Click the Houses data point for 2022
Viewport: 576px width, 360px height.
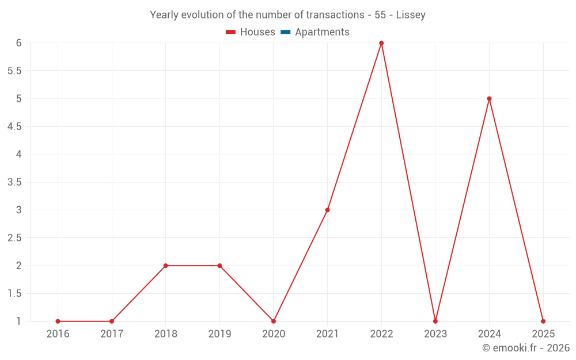coord(381,43)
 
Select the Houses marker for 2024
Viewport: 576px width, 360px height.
coord(489,98)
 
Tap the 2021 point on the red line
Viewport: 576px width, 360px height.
coord(327,210)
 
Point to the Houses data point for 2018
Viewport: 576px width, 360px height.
coord(165,266)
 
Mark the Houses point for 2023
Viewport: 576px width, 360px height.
coord(435,321)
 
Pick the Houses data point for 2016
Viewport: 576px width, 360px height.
coord(58,321)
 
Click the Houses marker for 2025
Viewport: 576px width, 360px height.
coord(543,321)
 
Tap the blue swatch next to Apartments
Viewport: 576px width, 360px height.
coord(285,32)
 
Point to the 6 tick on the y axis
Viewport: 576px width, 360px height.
coord(18,43)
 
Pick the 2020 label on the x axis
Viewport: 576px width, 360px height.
coord(274,334)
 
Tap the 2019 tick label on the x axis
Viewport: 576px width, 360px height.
coord(219,334)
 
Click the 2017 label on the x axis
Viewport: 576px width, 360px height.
coord(112,334)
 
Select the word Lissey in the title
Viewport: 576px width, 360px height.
coord(411,15)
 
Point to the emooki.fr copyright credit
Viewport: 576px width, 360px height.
coord(526,348)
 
